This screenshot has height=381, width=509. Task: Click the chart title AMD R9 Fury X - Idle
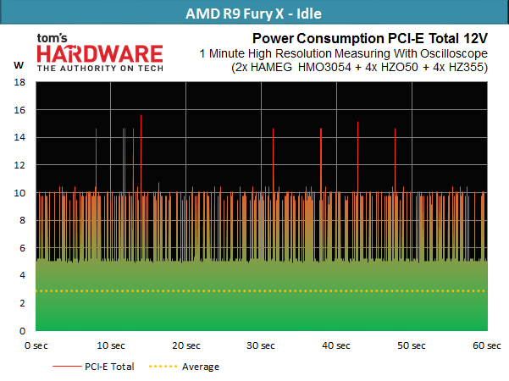[253, 14]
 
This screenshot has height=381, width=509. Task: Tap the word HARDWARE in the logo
[100, 54]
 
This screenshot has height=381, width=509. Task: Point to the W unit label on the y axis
[19, 65]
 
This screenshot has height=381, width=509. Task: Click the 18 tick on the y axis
[19, 82]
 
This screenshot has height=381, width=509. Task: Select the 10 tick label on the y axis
[19, 193]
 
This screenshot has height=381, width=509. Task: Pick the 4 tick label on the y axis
[22, 275]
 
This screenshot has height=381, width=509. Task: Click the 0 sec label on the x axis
[36, 345]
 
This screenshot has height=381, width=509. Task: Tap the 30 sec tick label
[261, 345]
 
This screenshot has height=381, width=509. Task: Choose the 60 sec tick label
[487, 345]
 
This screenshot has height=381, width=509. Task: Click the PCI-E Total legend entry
[93, 367]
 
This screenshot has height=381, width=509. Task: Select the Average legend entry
[184, 367]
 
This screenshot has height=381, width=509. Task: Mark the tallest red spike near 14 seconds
[141, 152]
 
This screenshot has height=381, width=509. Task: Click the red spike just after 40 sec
[357, 157]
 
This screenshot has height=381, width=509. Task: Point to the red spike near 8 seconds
[96, 159]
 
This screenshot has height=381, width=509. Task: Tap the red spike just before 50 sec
[395, 160]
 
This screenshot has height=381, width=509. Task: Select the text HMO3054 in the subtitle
[324, 68]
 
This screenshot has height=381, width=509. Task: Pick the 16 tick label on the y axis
[19, 110]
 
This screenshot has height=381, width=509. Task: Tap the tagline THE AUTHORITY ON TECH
[100, 68]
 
